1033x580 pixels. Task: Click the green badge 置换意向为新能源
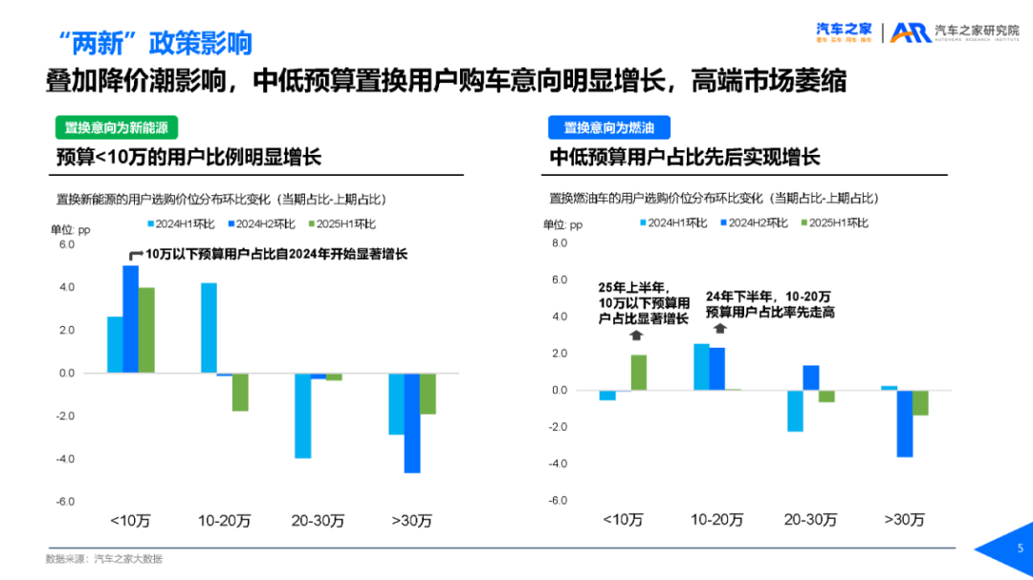[x=116, y=128]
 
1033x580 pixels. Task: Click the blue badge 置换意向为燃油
[x=608, y=128]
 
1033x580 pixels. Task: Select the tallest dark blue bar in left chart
[x=130, y=318]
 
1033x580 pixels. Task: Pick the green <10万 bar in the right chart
[x=638, y=373]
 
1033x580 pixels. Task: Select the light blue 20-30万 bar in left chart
[x=302, y=416]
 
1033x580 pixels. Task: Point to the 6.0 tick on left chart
[x=66, y=245]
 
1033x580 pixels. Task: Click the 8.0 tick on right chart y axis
[x=559, y=244]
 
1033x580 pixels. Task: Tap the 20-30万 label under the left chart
[x=318, y=521]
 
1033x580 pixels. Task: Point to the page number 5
[x=1019, y=548]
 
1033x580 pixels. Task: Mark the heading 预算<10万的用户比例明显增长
[x=188, y=159]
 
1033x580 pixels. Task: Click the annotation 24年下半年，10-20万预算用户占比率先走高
[x=769, y=304]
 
